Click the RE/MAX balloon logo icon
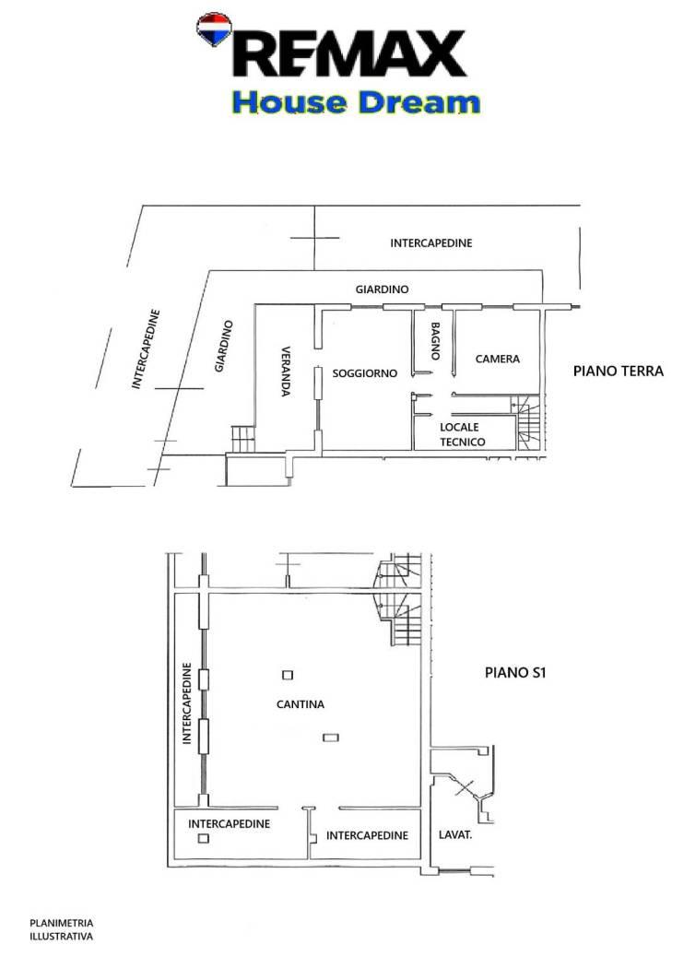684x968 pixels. click(x=214, y=29)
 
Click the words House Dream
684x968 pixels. click(x=356, y=102)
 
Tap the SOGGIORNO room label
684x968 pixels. click(x=364, y=373)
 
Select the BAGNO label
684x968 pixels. click(x=435, y=341)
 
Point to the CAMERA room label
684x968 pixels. click(x=498, y=359)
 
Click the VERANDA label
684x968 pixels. click(x=286, y=371)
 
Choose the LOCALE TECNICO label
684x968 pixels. click(x=463, y=434)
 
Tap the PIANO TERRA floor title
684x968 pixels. click(x=618, y=371)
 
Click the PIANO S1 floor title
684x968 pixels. click(x=515, y=672)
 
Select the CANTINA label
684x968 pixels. click(x=300, y=704)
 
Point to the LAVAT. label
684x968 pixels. click(x=455, y=834)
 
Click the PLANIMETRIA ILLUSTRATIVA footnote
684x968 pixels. click(x=61, y=929)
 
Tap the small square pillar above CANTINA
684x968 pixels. click(x=288, y=676)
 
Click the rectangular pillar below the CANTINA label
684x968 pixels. click(x=331, y=738)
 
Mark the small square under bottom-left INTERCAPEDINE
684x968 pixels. click(x=203, y=838)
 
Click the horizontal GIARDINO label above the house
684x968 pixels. click(x=383, y=289)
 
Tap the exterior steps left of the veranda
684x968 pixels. click(x=242, y=439)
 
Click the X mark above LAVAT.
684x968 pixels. click(x=465, y=786)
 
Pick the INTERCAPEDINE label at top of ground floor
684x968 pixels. click(x=430, y=243)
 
